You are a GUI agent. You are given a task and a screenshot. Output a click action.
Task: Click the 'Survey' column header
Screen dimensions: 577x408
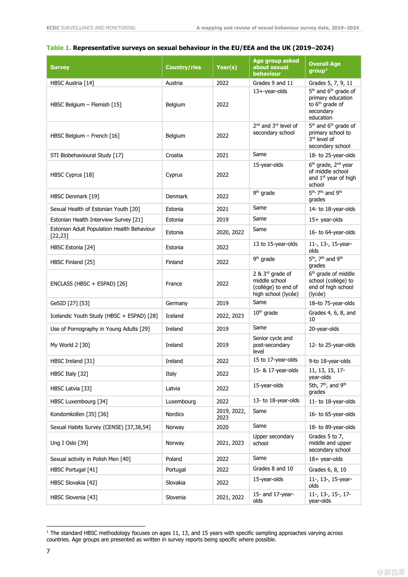point(60,67)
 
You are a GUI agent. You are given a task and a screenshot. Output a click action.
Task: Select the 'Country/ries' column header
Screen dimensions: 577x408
point(183,67)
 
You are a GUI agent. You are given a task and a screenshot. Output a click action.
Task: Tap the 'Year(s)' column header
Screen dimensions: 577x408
point(226,67)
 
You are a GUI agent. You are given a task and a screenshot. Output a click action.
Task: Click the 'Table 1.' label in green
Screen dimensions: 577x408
point(59,48)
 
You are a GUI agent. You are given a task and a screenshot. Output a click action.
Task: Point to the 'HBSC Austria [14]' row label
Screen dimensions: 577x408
point(72,83)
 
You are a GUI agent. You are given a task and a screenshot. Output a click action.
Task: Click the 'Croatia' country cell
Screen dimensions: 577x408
point(174,155)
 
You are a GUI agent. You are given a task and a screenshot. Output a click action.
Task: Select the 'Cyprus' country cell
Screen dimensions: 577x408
point(174,175)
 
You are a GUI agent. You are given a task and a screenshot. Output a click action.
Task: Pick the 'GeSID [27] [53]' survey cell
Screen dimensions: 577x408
point(70,303)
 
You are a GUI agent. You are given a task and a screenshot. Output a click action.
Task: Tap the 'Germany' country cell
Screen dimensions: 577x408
point(177,303)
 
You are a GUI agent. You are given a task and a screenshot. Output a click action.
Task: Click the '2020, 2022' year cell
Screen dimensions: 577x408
point(230,232)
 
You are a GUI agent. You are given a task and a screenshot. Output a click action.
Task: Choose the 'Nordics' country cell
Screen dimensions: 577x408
point(175,414)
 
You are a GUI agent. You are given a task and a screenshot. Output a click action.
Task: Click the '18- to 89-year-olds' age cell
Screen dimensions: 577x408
point(332,427)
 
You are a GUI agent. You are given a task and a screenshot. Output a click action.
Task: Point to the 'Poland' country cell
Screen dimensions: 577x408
point(174,459)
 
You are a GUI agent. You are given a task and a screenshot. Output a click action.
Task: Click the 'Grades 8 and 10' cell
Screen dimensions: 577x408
point(273,469)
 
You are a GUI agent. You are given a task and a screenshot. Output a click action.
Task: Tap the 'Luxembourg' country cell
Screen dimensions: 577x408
point(181,402)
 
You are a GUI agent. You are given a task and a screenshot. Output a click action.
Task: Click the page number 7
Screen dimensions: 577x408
point(48,551)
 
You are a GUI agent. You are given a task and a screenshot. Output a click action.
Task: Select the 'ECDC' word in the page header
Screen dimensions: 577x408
point(53,28)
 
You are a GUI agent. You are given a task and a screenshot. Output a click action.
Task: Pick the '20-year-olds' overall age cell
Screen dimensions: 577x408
point(324,329)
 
